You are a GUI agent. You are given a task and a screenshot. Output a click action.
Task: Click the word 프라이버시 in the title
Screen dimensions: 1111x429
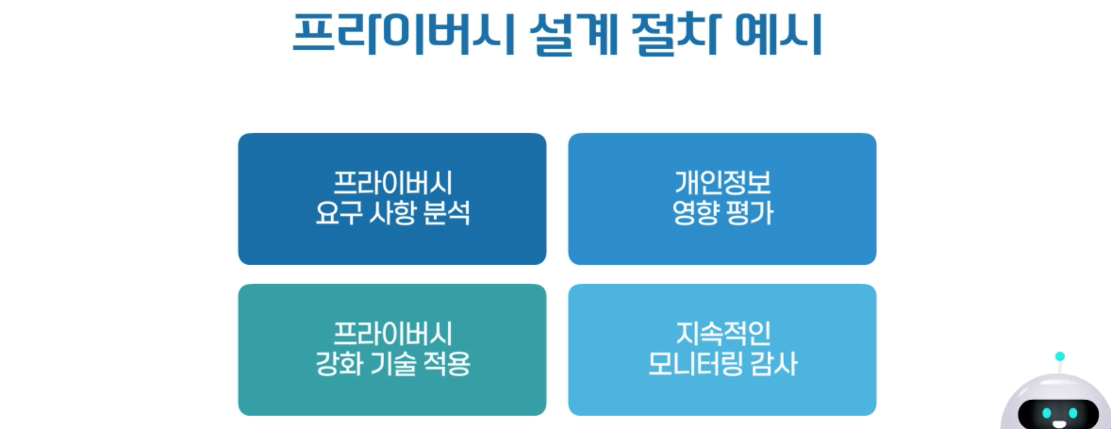(x=403, y=34)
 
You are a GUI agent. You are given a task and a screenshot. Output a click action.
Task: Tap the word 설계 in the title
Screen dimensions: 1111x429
(x=573, y=34)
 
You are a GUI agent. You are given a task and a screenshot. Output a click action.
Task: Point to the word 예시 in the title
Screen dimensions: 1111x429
(x=779, y=34)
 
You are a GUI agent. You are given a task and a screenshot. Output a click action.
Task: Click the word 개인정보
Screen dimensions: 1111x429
(x=722, y=183)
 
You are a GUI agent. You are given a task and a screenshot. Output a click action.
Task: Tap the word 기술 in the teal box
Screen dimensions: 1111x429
(x=393, y=364)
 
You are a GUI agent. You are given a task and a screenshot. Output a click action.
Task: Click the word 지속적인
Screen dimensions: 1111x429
(x=723, y=334)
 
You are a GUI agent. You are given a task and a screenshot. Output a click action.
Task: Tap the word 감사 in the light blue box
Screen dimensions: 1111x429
(x=773, y=364)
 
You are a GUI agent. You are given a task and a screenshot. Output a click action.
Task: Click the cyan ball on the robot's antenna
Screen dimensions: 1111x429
(x=1060, y=356)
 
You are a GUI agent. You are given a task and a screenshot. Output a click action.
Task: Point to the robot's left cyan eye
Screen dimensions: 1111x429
(x=1047, y=414)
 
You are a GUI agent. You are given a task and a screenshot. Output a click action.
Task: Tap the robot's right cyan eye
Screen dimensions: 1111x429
(x=1073, y=414)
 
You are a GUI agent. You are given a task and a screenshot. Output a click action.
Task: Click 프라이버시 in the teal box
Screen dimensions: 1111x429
(x=392, y=334)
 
